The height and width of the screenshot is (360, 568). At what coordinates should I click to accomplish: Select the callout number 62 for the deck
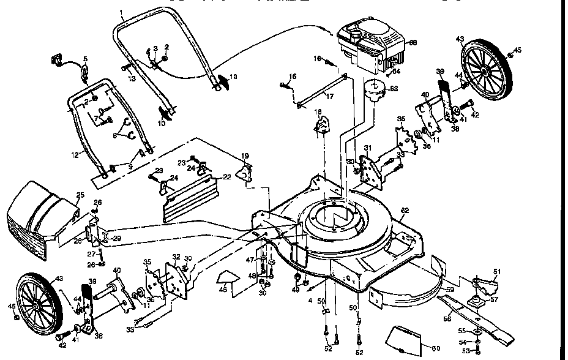404,211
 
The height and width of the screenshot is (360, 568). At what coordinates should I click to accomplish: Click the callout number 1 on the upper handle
121,13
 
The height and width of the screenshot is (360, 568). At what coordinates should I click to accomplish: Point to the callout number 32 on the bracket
176,257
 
